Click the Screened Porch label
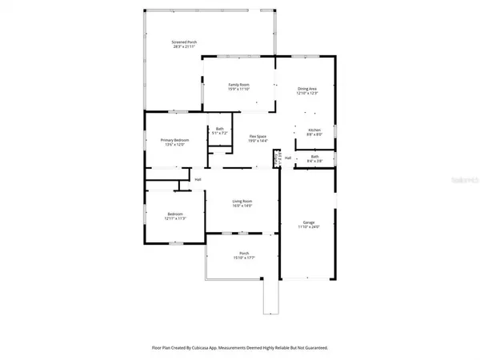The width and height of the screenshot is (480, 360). pyautogui.click(x=184, y=42)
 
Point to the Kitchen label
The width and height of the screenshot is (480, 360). pyautogui.click(x=314, y=130)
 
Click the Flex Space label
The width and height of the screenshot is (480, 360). pyautogui.click(x=257, y=136)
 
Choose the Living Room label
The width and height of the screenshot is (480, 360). pyautogui.click(x=242, y=201)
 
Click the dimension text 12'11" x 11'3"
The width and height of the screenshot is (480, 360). pyautogui.click(x=175, y=218)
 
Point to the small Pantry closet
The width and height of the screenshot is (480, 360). pyautogui.click(x=278, y=158)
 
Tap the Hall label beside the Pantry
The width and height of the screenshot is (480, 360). pyautogui.click(x=287, y=158)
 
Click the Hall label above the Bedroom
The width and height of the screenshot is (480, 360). pyautogui.click(x=197, y=180)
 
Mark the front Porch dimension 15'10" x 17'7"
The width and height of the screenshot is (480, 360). pyautogui.click(x=242, y=258)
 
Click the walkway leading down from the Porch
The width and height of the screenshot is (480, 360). pyautogui.click(x=271, y=296)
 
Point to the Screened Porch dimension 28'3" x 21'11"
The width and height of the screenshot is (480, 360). pyautogui.click(x=184, y=46)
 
